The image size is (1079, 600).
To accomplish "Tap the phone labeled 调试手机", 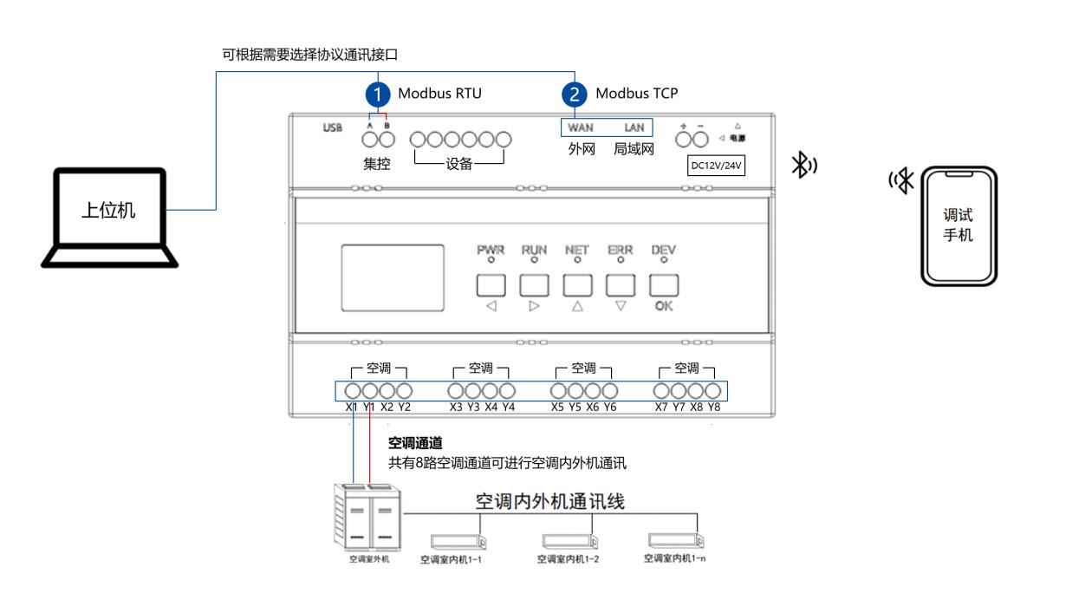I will (958, 225).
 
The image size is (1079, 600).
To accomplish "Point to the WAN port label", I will (580, 127).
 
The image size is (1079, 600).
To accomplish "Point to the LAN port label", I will (634, 127).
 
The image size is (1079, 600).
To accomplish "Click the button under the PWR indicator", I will (490, 284).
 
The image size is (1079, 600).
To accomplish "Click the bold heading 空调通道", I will (416, 443).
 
